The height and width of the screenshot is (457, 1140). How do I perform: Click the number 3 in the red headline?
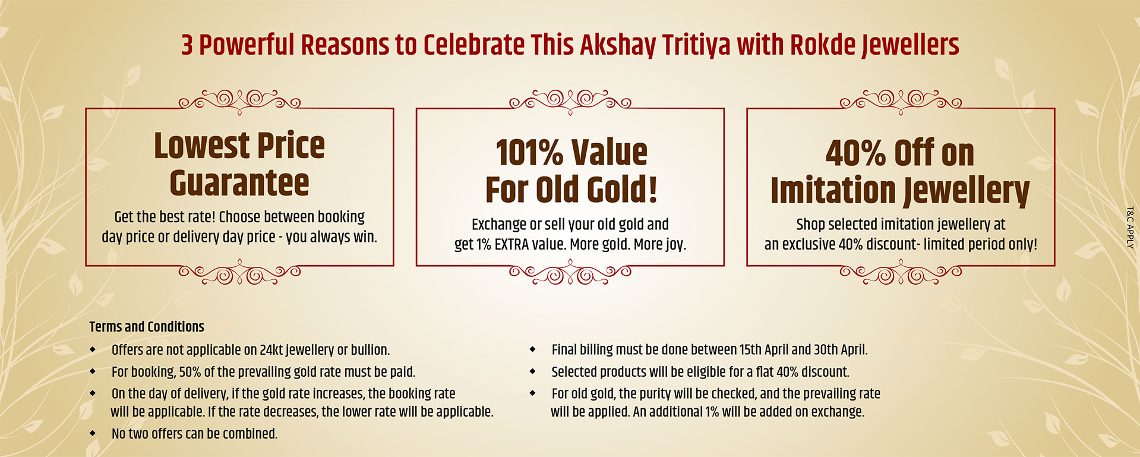pyautogui.click(x=187, y=45)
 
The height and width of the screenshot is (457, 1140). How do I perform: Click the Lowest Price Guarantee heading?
pyautogui.click(x=239, y=164)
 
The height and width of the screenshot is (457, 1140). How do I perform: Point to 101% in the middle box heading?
pyautogui.click(x=529, y=153)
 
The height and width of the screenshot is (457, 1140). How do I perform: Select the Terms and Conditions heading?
pyautogui.click(x=147, y=327)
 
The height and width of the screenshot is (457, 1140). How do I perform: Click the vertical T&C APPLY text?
pyautogui.click(x=1130, y=228)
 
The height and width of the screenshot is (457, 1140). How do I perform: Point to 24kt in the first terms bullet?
pyautogui.click(x=271, y=350)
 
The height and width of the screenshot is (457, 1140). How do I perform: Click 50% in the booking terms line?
pyautogui.click(x=190, y=372)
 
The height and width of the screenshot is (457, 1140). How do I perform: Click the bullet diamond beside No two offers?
pyautogui.click(x=93, y=434)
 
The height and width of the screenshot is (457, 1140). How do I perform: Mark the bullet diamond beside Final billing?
pyautogui.click(x=533, y=349)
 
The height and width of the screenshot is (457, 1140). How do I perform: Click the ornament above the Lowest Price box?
pyautogui.click(x=239, y=102)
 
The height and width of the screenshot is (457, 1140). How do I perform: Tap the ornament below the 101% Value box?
pyautogui.click(x=570, y=273)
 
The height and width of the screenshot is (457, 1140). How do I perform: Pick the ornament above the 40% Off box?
pyautogui.click(x=901, y=102)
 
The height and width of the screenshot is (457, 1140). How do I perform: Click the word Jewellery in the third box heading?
pyautogui.click(x=966, y=191)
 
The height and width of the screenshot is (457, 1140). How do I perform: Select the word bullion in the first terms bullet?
pyautogui.click(x=370, y=350)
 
